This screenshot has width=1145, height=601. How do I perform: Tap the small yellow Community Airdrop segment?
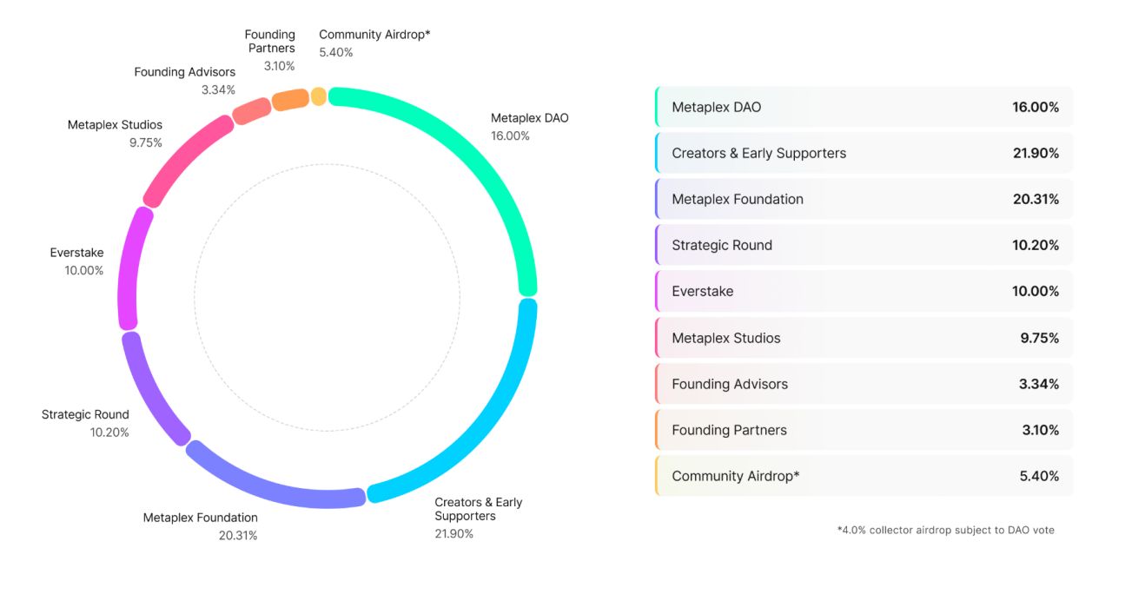coord(319,96)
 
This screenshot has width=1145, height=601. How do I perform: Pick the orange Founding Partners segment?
coord(290,100)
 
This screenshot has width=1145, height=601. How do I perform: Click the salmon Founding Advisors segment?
coord(252,111)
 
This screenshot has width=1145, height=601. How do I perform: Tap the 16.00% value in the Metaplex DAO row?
coord(1036,107)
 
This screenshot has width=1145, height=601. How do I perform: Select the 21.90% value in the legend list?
coord(1036,153)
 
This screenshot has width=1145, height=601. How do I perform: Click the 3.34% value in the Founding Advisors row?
coord(1039,384)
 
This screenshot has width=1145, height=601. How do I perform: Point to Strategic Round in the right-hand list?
coord(722,245)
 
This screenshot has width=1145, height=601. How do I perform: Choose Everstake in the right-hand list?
coord(702,291)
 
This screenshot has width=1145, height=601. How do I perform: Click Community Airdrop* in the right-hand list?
coord(736,476)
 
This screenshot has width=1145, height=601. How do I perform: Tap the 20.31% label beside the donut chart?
coord(238,535)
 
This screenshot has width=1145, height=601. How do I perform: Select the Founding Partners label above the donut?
coord(271,42)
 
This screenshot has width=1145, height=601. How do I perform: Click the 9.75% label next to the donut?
coord(146,142)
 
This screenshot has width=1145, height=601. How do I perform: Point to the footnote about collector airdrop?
coord(945,530)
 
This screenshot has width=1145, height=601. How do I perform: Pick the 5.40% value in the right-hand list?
coord(1039,476)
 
